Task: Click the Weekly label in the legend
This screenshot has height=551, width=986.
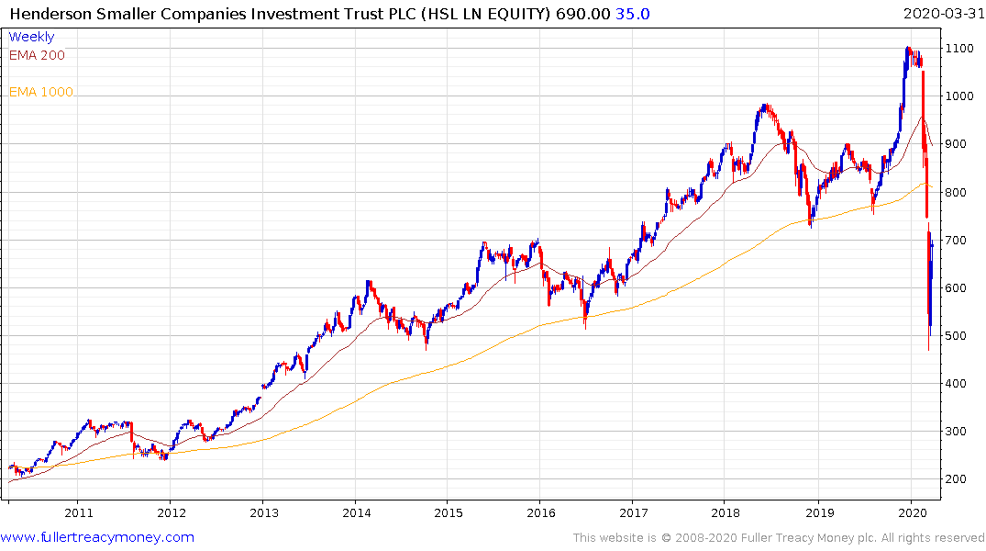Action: tap(31, 37)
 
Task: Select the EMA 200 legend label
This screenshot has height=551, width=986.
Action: tap(37, 55)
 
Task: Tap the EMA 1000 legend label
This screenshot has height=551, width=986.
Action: tap(41, 92)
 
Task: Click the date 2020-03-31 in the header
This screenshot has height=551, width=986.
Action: tap(942, 13)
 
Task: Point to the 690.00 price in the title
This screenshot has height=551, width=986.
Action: tap(582, 13)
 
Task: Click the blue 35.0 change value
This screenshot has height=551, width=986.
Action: tap(633, 13)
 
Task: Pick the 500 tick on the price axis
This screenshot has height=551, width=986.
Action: tap(958, 335)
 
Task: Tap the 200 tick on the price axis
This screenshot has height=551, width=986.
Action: tap(958, 479)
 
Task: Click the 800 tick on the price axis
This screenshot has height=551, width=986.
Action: tap(958, 192)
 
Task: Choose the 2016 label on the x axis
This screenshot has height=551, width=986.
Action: tap(541, 513)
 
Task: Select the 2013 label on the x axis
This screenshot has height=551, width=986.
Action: tap(264, 513)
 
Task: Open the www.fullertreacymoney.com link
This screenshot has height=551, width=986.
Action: tap(97, 537)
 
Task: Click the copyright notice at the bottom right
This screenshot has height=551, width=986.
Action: tap(779, 537)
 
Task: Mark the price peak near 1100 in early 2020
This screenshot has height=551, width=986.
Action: tap(908, 48)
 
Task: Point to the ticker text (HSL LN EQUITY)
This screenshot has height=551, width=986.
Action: tap(485, 13)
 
